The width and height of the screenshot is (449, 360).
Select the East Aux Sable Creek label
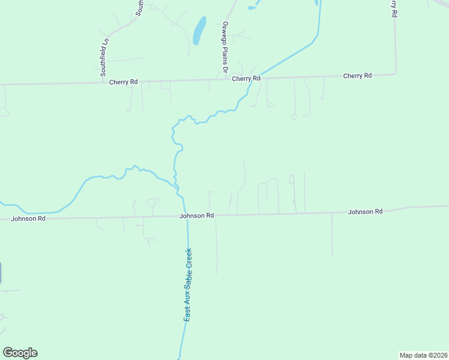click(188, 285)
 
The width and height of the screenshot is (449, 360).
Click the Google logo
click(20, 353)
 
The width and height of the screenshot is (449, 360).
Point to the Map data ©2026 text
click(423, 355)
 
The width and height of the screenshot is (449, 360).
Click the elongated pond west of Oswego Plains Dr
click(199, 30)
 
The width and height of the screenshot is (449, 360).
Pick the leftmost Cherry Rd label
click(124, 82)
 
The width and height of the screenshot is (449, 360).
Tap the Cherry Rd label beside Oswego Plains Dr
click(246, 79)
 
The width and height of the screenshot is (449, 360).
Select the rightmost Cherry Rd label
click(357, 76)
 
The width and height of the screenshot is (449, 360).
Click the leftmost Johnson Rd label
click(28, 219)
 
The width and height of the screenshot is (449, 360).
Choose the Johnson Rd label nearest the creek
click(196, 215)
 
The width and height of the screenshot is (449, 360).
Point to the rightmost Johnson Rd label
click(365, 212)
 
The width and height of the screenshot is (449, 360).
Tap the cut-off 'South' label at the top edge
click(139, 7)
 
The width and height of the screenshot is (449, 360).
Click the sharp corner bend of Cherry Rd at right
click(395, 73)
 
